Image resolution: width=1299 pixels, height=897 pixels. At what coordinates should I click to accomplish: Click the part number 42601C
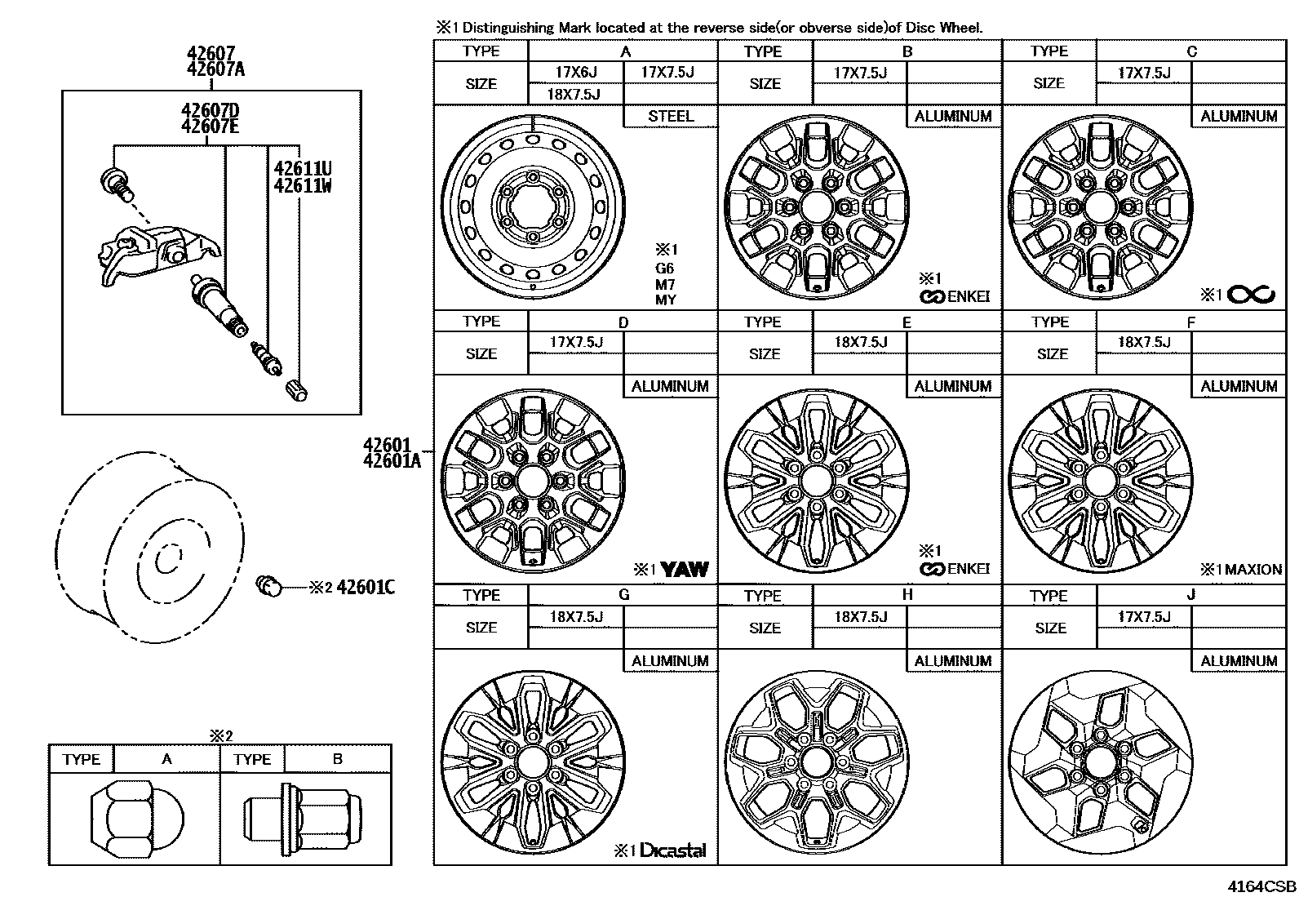tap(366, 587)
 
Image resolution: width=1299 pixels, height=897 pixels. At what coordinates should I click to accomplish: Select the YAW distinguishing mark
tap(685, 569)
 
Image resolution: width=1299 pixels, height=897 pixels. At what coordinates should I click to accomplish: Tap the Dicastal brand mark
tap(673, 850)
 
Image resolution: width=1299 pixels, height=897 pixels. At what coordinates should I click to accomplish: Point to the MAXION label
tap(1253, 569)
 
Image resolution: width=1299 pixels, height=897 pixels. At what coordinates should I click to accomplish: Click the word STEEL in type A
tap(671, 116)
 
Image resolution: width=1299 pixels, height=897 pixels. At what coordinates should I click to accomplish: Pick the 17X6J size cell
tap(576, 72)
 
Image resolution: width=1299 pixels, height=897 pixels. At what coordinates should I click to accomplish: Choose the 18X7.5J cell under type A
tap(574, 94)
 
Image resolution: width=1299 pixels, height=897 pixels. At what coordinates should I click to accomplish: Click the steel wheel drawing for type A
tap(534, 206)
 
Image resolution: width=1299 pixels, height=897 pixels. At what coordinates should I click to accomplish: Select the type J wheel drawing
tap(1101, 762)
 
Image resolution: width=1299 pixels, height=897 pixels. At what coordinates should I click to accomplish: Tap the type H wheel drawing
tap(817, 762)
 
